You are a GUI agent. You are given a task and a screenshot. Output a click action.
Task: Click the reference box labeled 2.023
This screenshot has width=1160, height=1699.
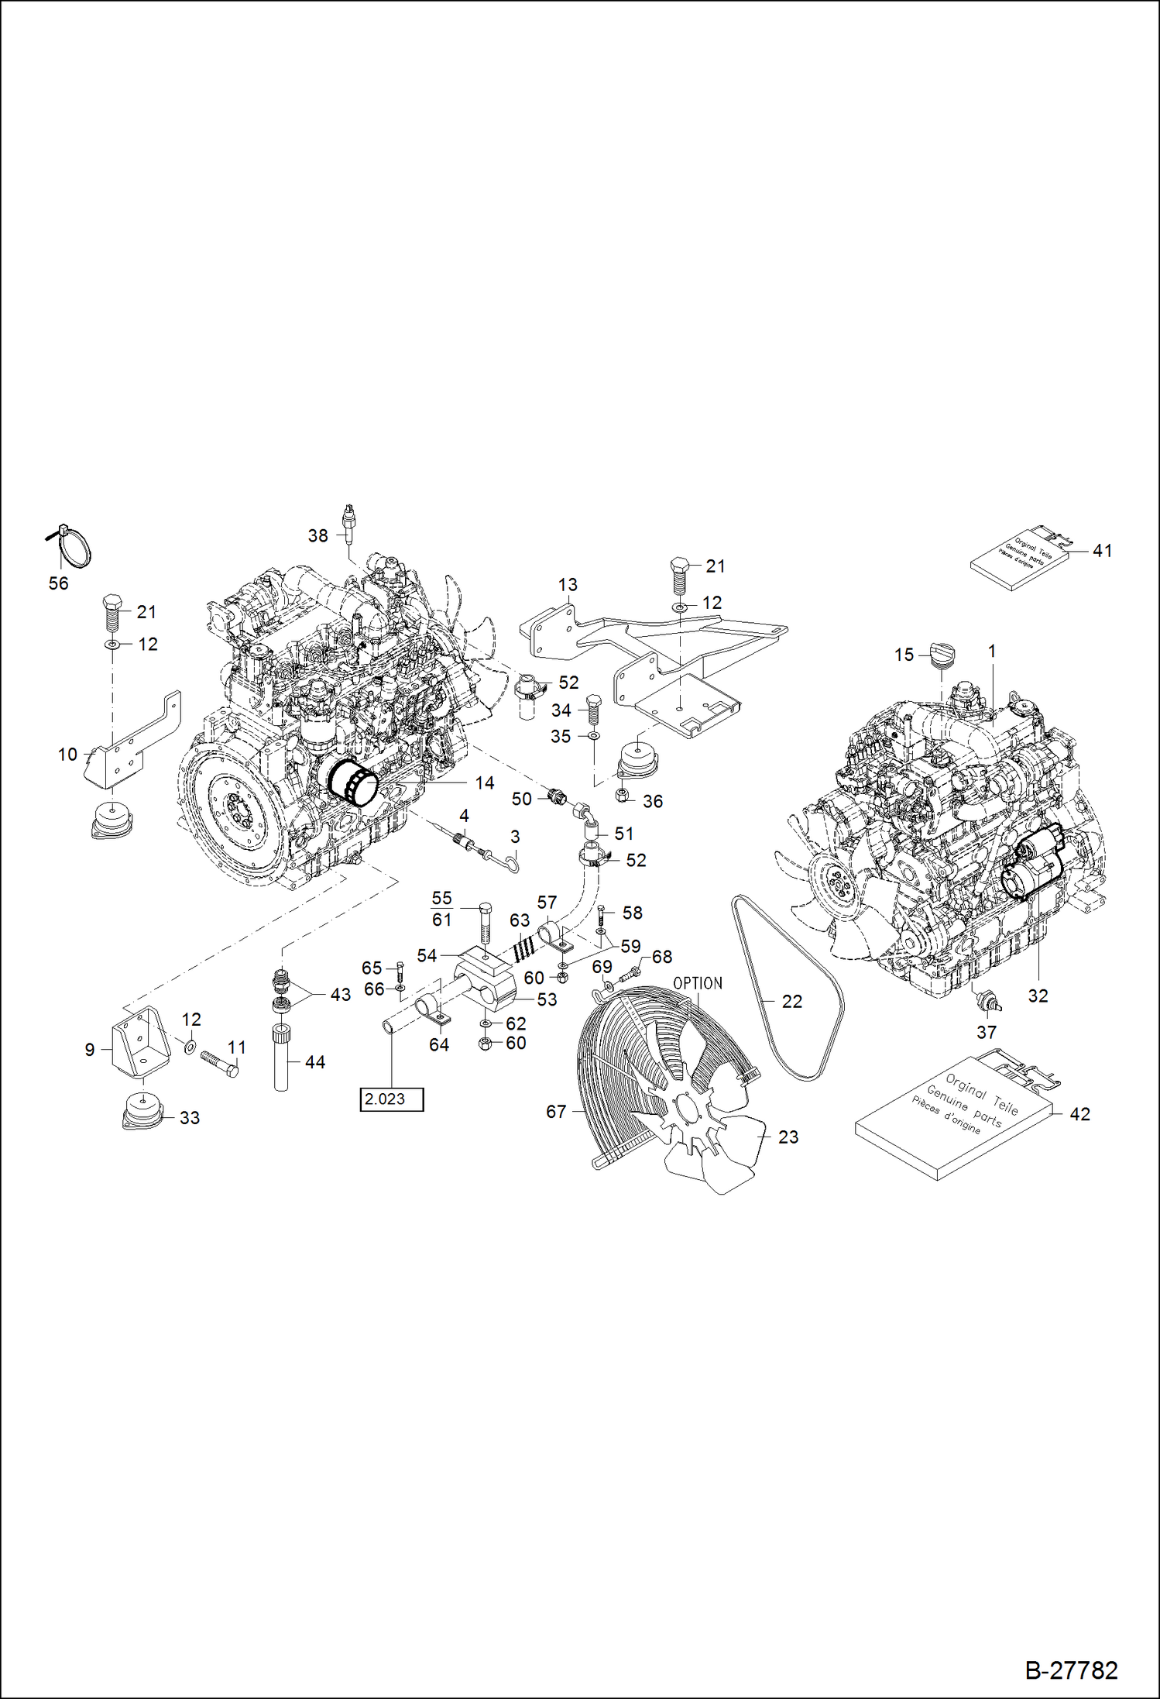(391, 1099)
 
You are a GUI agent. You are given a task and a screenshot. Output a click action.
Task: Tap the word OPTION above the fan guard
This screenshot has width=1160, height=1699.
(697, 983)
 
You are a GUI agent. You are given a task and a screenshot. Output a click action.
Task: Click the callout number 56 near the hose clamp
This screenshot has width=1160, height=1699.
(59, 583)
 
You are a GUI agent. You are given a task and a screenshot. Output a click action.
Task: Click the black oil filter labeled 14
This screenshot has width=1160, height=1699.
(352, 782)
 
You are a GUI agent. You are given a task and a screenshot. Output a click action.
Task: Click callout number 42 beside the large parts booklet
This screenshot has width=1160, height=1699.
(1079, 1114)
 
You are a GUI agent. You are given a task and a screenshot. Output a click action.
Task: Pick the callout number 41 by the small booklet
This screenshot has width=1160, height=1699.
(1102, 551)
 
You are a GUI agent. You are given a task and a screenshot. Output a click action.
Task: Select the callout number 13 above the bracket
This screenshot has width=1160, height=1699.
(568, 585)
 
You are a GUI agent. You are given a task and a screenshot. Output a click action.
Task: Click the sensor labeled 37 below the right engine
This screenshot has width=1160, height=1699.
(987, 1000)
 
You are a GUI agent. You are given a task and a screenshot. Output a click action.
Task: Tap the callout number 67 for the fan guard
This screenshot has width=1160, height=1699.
(556, 1112)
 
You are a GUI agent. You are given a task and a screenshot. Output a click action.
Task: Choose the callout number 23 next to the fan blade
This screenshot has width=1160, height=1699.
(788, 1137)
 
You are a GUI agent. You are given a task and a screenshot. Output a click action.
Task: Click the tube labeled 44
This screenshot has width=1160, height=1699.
(281, 1058)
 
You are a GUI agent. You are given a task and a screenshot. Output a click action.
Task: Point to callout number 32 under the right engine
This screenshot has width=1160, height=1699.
(1038, 996)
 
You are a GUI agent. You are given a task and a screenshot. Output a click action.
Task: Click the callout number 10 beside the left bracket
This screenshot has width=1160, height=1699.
(68, 754)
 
